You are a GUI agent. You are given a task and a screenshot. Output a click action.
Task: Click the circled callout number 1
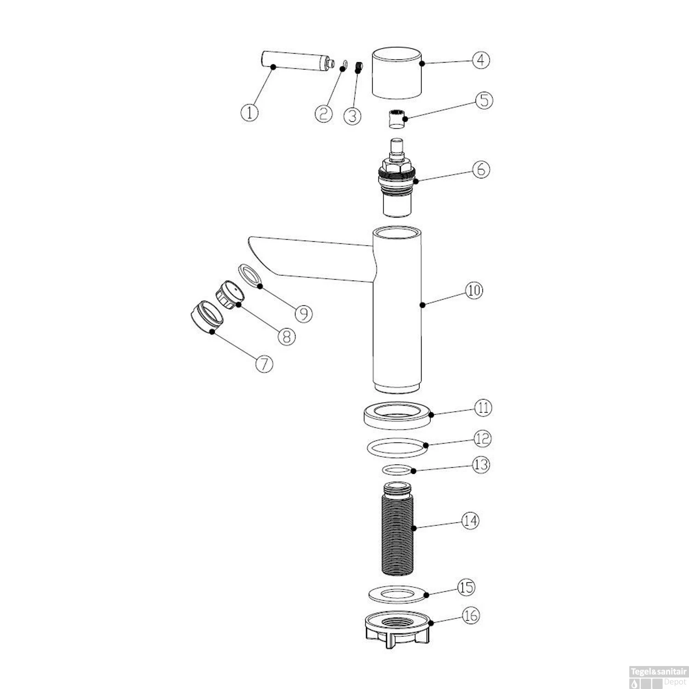pos(249,112)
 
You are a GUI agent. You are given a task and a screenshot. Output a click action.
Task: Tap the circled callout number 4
pos(480,60)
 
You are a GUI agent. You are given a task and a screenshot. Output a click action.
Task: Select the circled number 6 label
pos(480,169)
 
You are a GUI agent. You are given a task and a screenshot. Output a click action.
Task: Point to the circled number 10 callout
pos(474,290)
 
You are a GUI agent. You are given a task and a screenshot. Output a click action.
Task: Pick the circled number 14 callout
pos(470,521)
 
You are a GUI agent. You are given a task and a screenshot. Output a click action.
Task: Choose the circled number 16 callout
pos(470,615)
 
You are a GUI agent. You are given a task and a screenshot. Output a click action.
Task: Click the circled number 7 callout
pos(264,364)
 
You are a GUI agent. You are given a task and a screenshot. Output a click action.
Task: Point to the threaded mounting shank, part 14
pos(397,528)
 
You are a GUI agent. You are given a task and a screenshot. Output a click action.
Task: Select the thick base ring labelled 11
pos(398,415)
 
